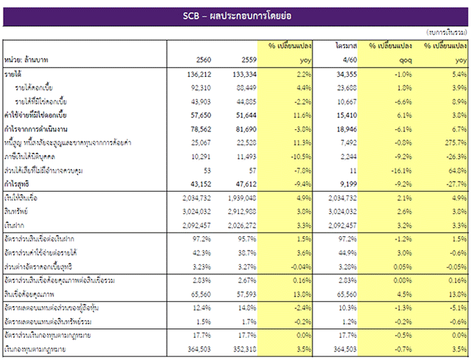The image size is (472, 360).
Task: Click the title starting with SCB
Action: pyautogui.click(x=236, y=15)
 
